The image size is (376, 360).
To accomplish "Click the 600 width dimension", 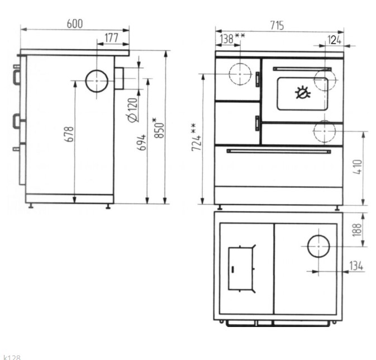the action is [x=74, y=23].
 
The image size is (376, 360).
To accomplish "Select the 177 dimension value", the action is [x=112, y=37].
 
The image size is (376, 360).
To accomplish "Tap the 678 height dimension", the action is [x=69, y=134].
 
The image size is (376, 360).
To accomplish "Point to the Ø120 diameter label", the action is [x=132, y=110].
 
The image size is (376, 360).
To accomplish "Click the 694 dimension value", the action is [x=141, y=143].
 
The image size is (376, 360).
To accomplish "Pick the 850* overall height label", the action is [x=159, y=128].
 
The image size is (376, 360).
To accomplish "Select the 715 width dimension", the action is [x=277, y=25].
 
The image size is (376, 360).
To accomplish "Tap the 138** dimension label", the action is [x=232, y=38].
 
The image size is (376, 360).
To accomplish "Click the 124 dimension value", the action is [x=335, y=40].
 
